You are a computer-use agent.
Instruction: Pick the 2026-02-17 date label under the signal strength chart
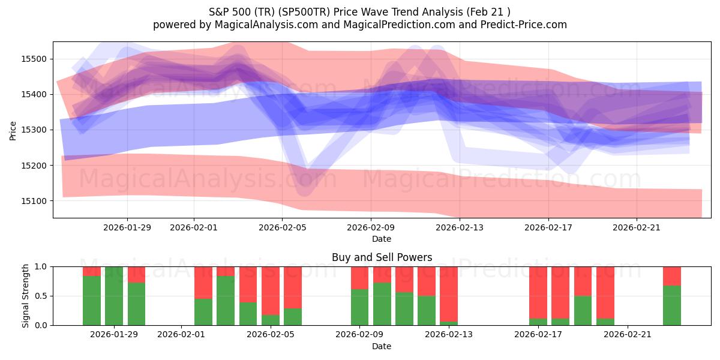[x=539, y=335]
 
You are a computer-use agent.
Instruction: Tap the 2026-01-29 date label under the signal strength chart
[x=114, y=335]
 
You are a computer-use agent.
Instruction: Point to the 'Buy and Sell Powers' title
[x=382, y=257]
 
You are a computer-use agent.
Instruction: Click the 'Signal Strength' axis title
[x=25, y=296]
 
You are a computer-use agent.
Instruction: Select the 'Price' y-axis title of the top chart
[x=13, y=130]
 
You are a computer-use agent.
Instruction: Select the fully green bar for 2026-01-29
[x=114, y=296]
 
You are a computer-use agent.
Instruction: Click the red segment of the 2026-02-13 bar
[x=449, y=294]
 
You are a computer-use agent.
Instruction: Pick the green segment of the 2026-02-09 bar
[x=360, y=307]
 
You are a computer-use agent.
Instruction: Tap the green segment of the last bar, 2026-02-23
[x=672, y=305]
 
